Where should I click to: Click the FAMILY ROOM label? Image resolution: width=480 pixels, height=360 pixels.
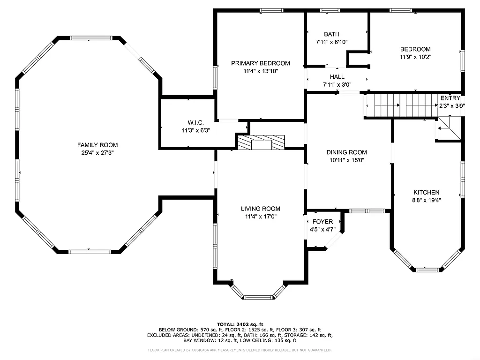tap(97, 145)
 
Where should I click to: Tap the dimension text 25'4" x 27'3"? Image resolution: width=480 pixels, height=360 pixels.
tap(97, 153)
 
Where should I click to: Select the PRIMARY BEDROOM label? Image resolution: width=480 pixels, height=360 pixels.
tap(260, 63)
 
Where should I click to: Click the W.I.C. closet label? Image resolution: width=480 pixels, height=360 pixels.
tap(196, 122)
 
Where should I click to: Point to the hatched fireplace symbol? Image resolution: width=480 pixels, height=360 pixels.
tap(261, 142)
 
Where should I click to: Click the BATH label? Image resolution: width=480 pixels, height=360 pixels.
tap(331, 34)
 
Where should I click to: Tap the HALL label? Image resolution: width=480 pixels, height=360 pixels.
tap(337, 77)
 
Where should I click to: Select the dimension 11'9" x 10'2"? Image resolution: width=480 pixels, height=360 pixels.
tap(415, 57)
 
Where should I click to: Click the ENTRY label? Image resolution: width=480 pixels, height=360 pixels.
tap(450, 98)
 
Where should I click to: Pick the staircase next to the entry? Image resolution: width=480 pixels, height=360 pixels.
tap(400, 105)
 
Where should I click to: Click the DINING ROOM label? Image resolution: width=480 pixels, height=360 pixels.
tap(346, 152)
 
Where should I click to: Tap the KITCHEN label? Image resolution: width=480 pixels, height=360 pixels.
tap(426, 192)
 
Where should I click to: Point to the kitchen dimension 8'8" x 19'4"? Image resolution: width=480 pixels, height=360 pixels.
tap(426, 200)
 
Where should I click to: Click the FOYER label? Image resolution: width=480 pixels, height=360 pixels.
tap(322, 222)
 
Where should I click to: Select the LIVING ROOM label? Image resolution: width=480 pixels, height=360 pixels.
tap(261, 209)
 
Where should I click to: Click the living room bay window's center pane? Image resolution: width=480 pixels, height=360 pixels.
tap(259, 297)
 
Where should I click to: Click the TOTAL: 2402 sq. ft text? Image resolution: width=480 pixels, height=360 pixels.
tap(240, 324)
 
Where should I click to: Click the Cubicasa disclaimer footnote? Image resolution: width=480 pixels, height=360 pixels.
tap(240, 350)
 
